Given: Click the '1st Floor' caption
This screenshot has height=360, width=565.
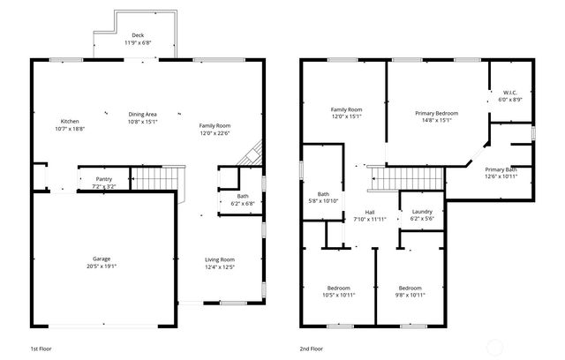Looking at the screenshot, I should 41,349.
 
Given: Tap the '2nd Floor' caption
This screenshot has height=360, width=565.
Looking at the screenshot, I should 311,349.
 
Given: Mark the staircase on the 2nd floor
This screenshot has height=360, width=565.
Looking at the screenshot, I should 398,179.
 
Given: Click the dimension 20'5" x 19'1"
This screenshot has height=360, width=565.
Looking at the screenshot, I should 102,266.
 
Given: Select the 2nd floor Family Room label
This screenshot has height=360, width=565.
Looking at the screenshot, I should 347,112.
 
